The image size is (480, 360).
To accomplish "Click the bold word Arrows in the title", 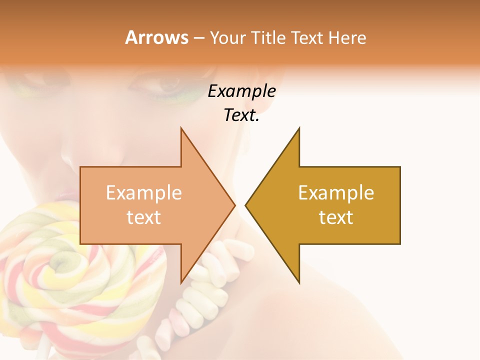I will pos(157,37).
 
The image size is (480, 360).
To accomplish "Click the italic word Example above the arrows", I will pos(241,91).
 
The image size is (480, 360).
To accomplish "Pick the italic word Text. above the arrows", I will pos(241,115).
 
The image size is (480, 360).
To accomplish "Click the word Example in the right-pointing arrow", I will pos(144,193).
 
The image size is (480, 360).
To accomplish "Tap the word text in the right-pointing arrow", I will pos(144,217).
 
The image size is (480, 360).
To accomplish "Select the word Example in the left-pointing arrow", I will pos(336,193).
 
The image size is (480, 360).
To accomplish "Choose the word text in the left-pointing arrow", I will pos(336,217).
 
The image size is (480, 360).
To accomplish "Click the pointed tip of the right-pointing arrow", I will pos(234,205).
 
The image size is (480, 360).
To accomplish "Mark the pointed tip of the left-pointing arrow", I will pos(246,205).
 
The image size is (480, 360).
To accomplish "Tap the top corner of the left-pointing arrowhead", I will pos(299,128).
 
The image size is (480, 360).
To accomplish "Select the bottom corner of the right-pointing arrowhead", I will pos(181,282).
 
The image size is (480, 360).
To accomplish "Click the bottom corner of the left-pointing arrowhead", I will pos(299,282).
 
